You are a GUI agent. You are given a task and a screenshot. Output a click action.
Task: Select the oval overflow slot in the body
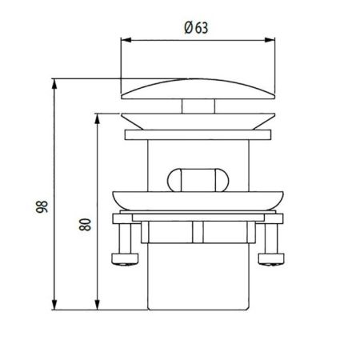[195, 176]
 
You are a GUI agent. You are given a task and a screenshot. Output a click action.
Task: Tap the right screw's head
[272, 258]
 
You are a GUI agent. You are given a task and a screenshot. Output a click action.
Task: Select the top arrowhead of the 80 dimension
[98, 115]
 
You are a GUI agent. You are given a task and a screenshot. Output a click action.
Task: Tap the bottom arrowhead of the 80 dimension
[98, 307]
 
